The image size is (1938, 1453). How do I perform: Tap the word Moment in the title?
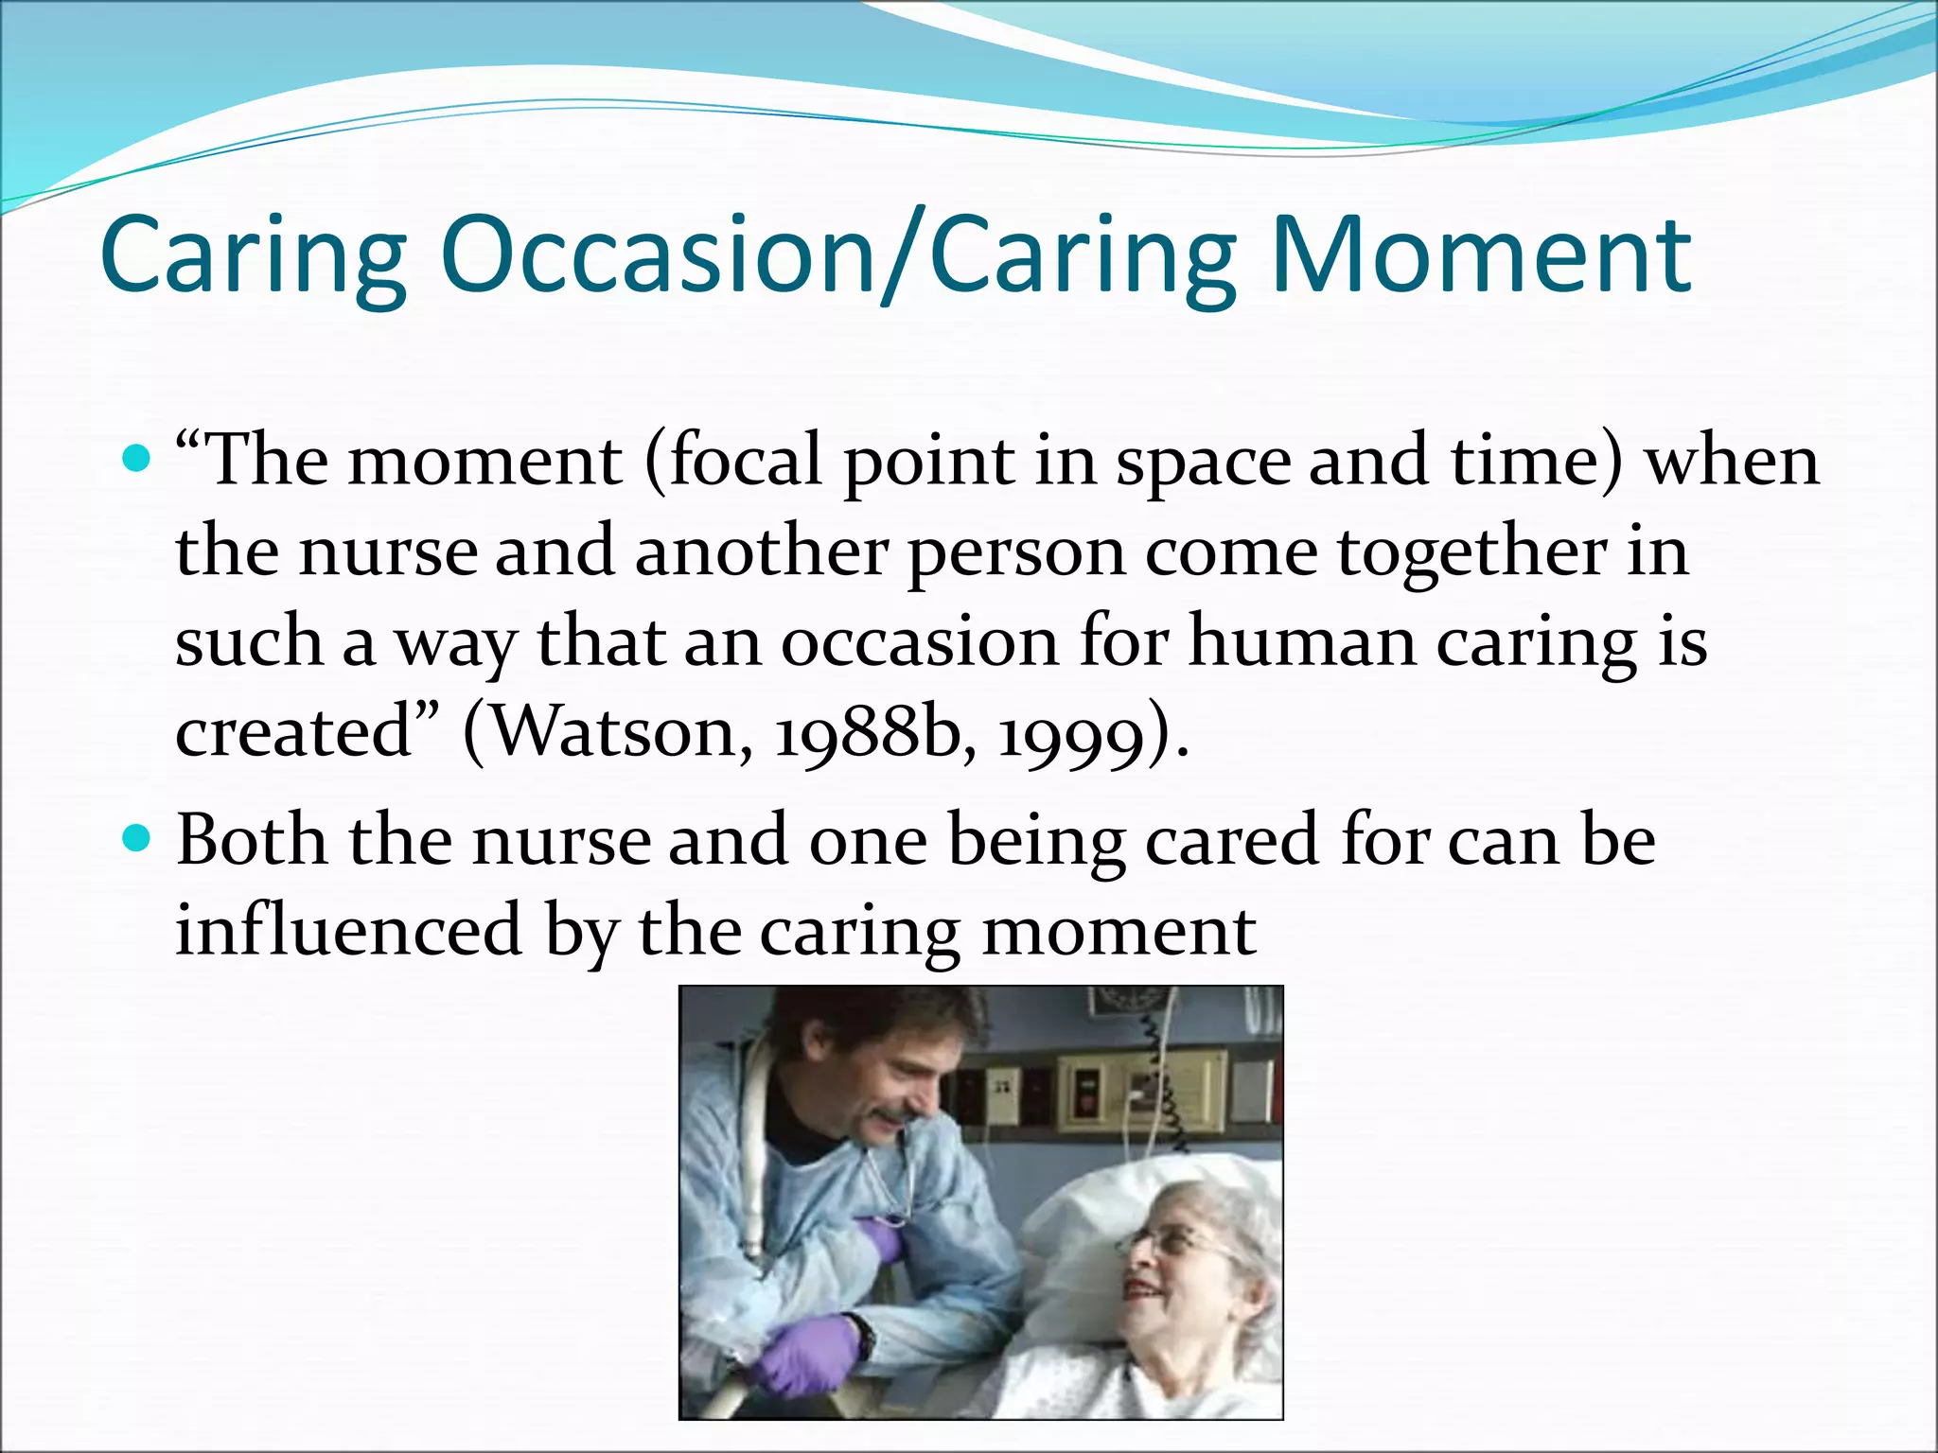pyautogui.click(x=1480, y=255)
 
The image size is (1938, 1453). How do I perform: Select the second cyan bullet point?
pyautogui.click(x=137, y=838)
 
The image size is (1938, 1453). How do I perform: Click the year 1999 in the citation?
pyautogui.click(x=1069, y=735)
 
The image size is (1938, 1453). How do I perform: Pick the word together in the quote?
pyautogui.click(x=1471, y=551)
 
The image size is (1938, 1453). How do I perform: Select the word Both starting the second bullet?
pyautogui.click(x=252, y=838)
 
